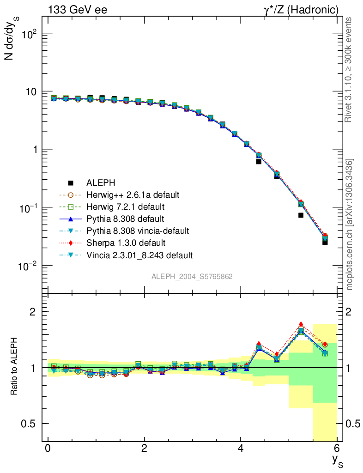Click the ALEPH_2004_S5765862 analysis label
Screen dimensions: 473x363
click(x=192, y=277)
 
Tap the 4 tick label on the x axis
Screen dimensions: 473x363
click(x=241, y=449)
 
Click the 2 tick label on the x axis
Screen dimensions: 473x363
click(x=144, y=449)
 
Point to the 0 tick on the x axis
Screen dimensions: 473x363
click(x=48, y=449)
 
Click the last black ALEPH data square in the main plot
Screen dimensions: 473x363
click(x=325, y=243)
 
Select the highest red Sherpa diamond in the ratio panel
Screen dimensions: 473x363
click(x=301, y=324)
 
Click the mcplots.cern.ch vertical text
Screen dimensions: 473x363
click(x=350, y=224)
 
